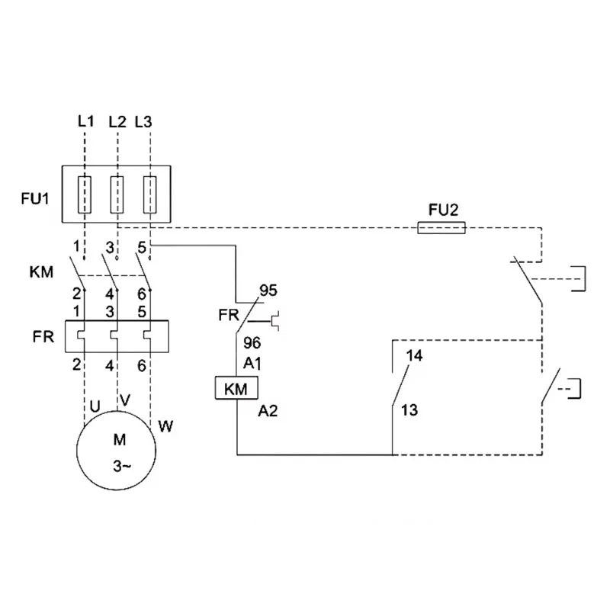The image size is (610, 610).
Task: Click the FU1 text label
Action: coord(35,201)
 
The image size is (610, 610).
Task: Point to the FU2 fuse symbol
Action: coord(441,228)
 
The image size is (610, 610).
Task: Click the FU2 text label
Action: coord(443,208)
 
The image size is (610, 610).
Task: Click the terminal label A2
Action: coord(268,411)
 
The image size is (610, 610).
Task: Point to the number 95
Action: coord(268,291)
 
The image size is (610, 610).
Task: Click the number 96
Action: coord(252,344)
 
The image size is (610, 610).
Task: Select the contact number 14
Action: coord(415,356)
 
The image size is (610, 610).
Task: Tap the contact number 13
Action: coord(409,410)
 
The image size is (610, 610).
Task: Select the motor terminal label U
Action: coord(95,406)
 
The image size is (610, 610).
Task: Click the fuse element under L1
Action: coord(85,194)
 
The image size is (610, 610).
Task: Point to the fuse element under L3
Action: coord(151,194)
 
